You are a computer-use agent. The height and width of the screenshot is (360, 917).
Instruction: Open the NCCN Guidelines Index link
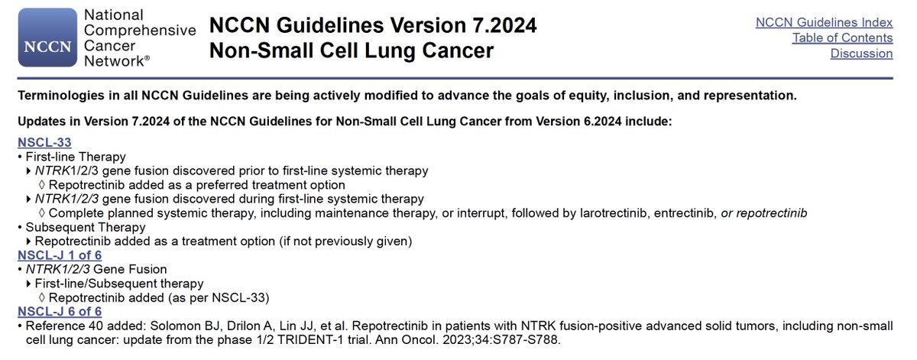coord(824,22)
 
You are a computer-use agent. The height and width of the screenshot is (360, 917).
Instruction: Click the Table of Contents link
coord(842,37)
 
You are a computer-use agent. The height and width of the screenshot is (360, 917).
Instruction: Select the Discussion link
coord(861,54)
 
